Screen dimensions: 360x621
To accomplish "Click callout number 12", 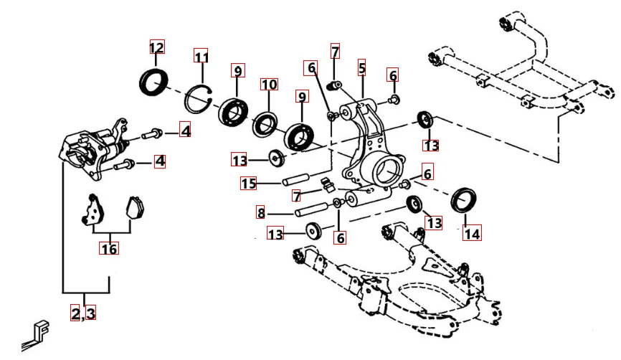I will [x=156, y=48].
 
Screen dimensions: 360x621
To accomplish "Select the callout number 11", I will [x=202, y=57].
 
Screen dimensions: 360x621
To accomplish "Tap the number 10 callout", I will [x=268, y=85].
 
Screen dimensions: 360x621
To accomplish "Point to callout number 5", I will [x=362, y=69].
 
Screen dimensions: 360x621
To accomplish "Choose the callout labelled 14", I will [x=471, y=232].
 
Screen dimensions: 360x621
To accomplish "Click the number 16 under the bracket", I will [x=109, y=248].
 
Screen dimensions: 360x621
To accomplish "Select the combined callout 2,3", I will [x=83, y=313].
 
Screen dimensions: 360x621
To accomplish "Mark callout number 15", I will [x=248, y=184].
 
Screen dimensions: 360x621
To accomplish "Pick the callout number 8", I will [x=261, y=212].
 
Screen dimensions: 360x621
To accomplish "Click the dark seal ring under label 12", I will [x=154, y=80].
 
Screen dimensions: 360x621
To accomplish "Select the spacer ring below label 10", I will [x=265, y=123].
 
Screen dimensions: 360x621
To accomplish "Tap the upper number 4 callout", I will [x=185, y=131].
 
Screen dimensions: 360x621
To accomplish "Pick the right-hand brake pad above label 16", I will [x=133, y=207].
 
